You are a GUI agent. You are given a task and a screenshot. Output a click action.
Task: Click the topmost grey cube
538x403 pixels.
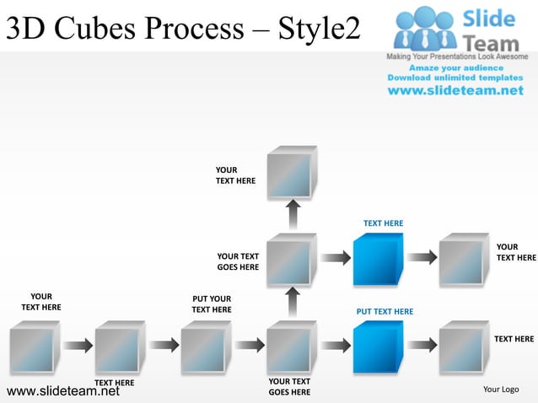291,173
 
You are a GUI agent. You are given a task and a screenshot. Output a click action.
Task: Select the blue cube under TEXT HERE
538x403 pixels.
378,259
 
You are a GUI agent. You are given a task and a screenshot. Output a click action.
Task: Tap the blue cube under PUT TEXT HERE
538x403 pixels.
378,347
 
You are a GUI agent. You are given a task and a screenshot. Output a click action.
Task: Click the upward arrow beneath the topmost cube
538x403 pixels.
292,215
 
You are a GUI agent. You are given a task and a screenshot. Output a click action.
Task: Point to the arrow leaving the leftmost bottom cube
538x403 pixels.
77,345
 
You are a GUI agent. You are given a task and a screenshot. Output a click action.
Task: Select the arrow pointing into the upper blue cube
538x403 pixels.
335,257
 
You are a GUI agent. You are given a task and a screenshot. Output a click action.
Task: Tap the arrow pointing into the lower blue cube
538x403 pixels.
335,345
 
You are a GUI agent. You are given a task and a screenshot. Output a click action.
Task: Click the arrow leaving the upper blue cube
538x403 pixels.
422,257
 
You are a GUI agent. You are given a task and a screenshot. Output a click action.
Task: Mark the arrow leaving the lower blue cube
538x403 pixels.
422,345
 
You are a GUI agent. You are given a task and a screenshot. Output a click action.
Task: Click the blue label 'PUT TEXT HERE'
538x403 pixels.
385,312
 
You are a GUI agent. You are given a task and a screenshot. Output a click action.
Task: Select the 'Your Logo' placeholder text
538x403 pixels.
500,390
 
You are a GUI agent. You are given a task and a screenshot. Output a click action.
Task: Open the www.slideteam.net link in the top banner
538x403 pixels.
455,90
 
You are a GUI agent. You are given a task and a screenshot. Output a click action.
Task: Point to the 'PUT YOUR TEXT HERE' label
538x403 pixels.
212,304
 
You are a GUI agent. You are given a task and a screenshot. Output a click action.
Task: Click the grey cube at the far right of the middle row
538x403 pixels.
464,259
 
